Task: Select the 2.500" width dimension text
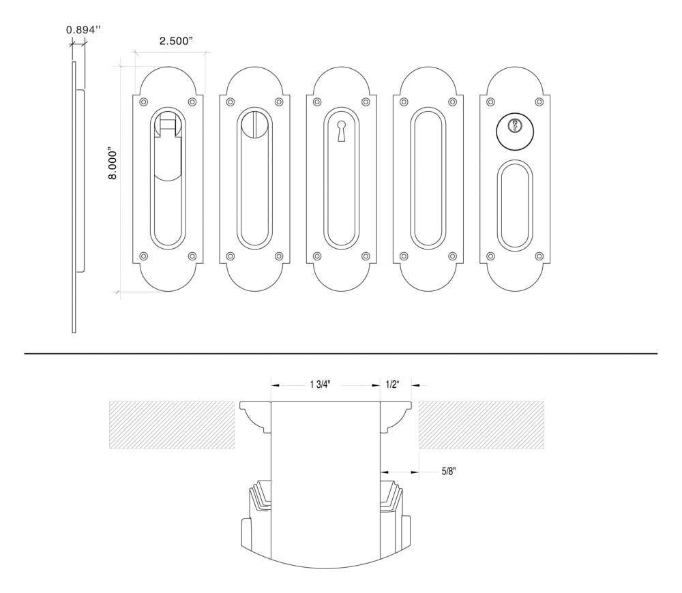(176, 42)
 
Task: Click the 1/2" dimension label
(394, 384)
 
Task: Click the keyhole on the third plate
(341, 129)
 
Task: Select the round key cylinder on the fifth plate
(514, 127)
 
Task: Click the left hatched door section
(172, 425)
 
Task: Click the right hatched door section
(481, 425)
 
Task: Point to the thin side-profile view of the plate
(74, 198)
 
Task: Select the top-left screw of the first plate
(143, 102)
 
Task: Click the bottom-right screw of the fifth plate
(539, 257)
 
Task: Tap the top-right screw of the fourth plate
(453, 102)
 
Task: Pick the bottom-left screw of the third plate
(316, 257)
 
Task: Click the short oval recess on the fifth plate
(514, 204)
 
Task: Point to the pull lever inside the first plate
(168, 150)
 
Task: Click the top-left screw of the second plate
(230, 102)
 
